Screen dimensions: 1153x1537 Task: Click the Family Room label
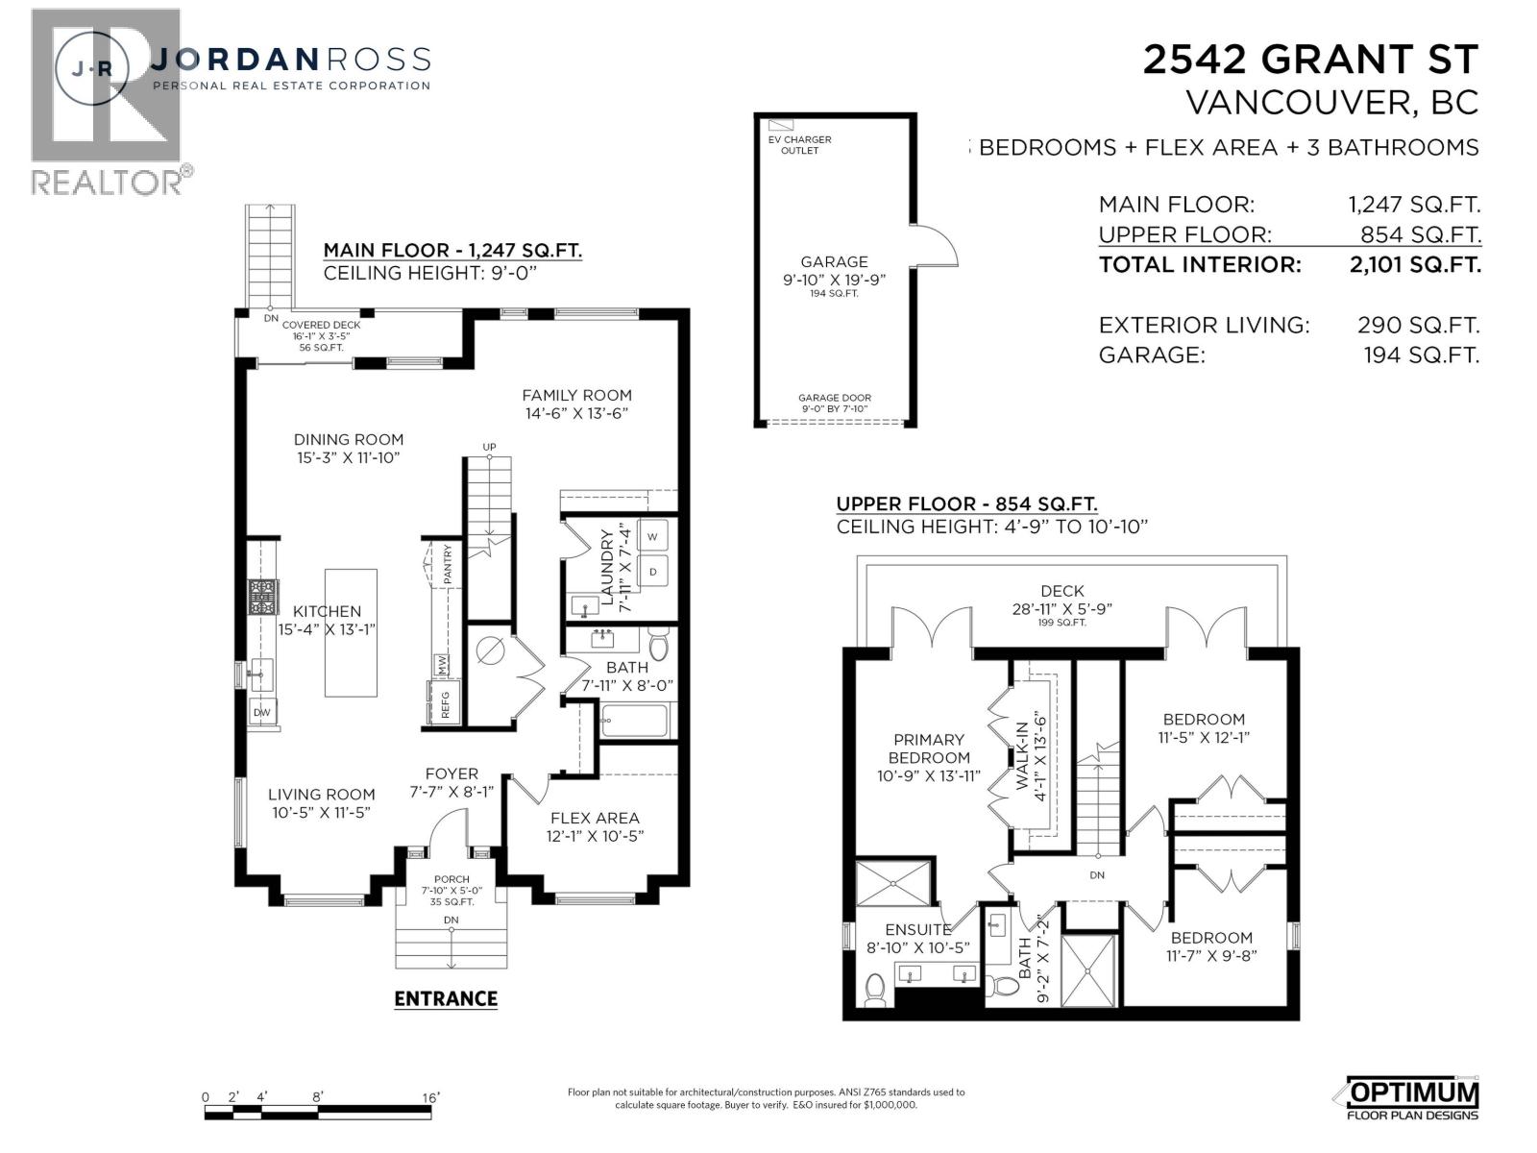click(x=576, y=395)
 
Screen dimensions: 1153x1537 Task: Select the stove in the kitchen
click(x=261, y=596)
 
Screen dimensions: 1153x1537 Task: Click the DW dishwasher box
click(x=260, y=713)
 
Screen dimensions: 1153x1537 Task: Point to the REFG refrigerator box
click(x=445, y=705)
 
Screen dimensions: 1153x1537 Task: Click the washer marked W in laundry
click(x=652, y=536)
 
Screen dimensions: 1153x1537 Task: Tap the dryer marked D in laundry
click(x=652, y=572)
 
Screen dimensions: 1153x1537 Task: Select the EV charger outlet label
click(x=799, y=144)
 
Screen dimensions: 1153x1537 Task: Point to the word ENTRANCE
click(x=446, y=998)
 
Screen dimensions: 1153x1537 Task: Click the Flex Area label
click(x=595, y=818)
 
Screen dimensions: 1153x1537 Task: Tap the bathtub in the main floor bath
click(x=633, y=720)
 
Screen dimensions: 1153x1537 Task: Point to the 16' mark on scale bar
click(x=429, y=1097)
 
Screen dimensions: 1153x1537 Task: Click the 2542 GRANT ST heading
click(x=1309, y=60)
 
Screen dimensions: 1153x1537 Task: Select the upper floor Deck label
click(x=1061, y=591)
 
